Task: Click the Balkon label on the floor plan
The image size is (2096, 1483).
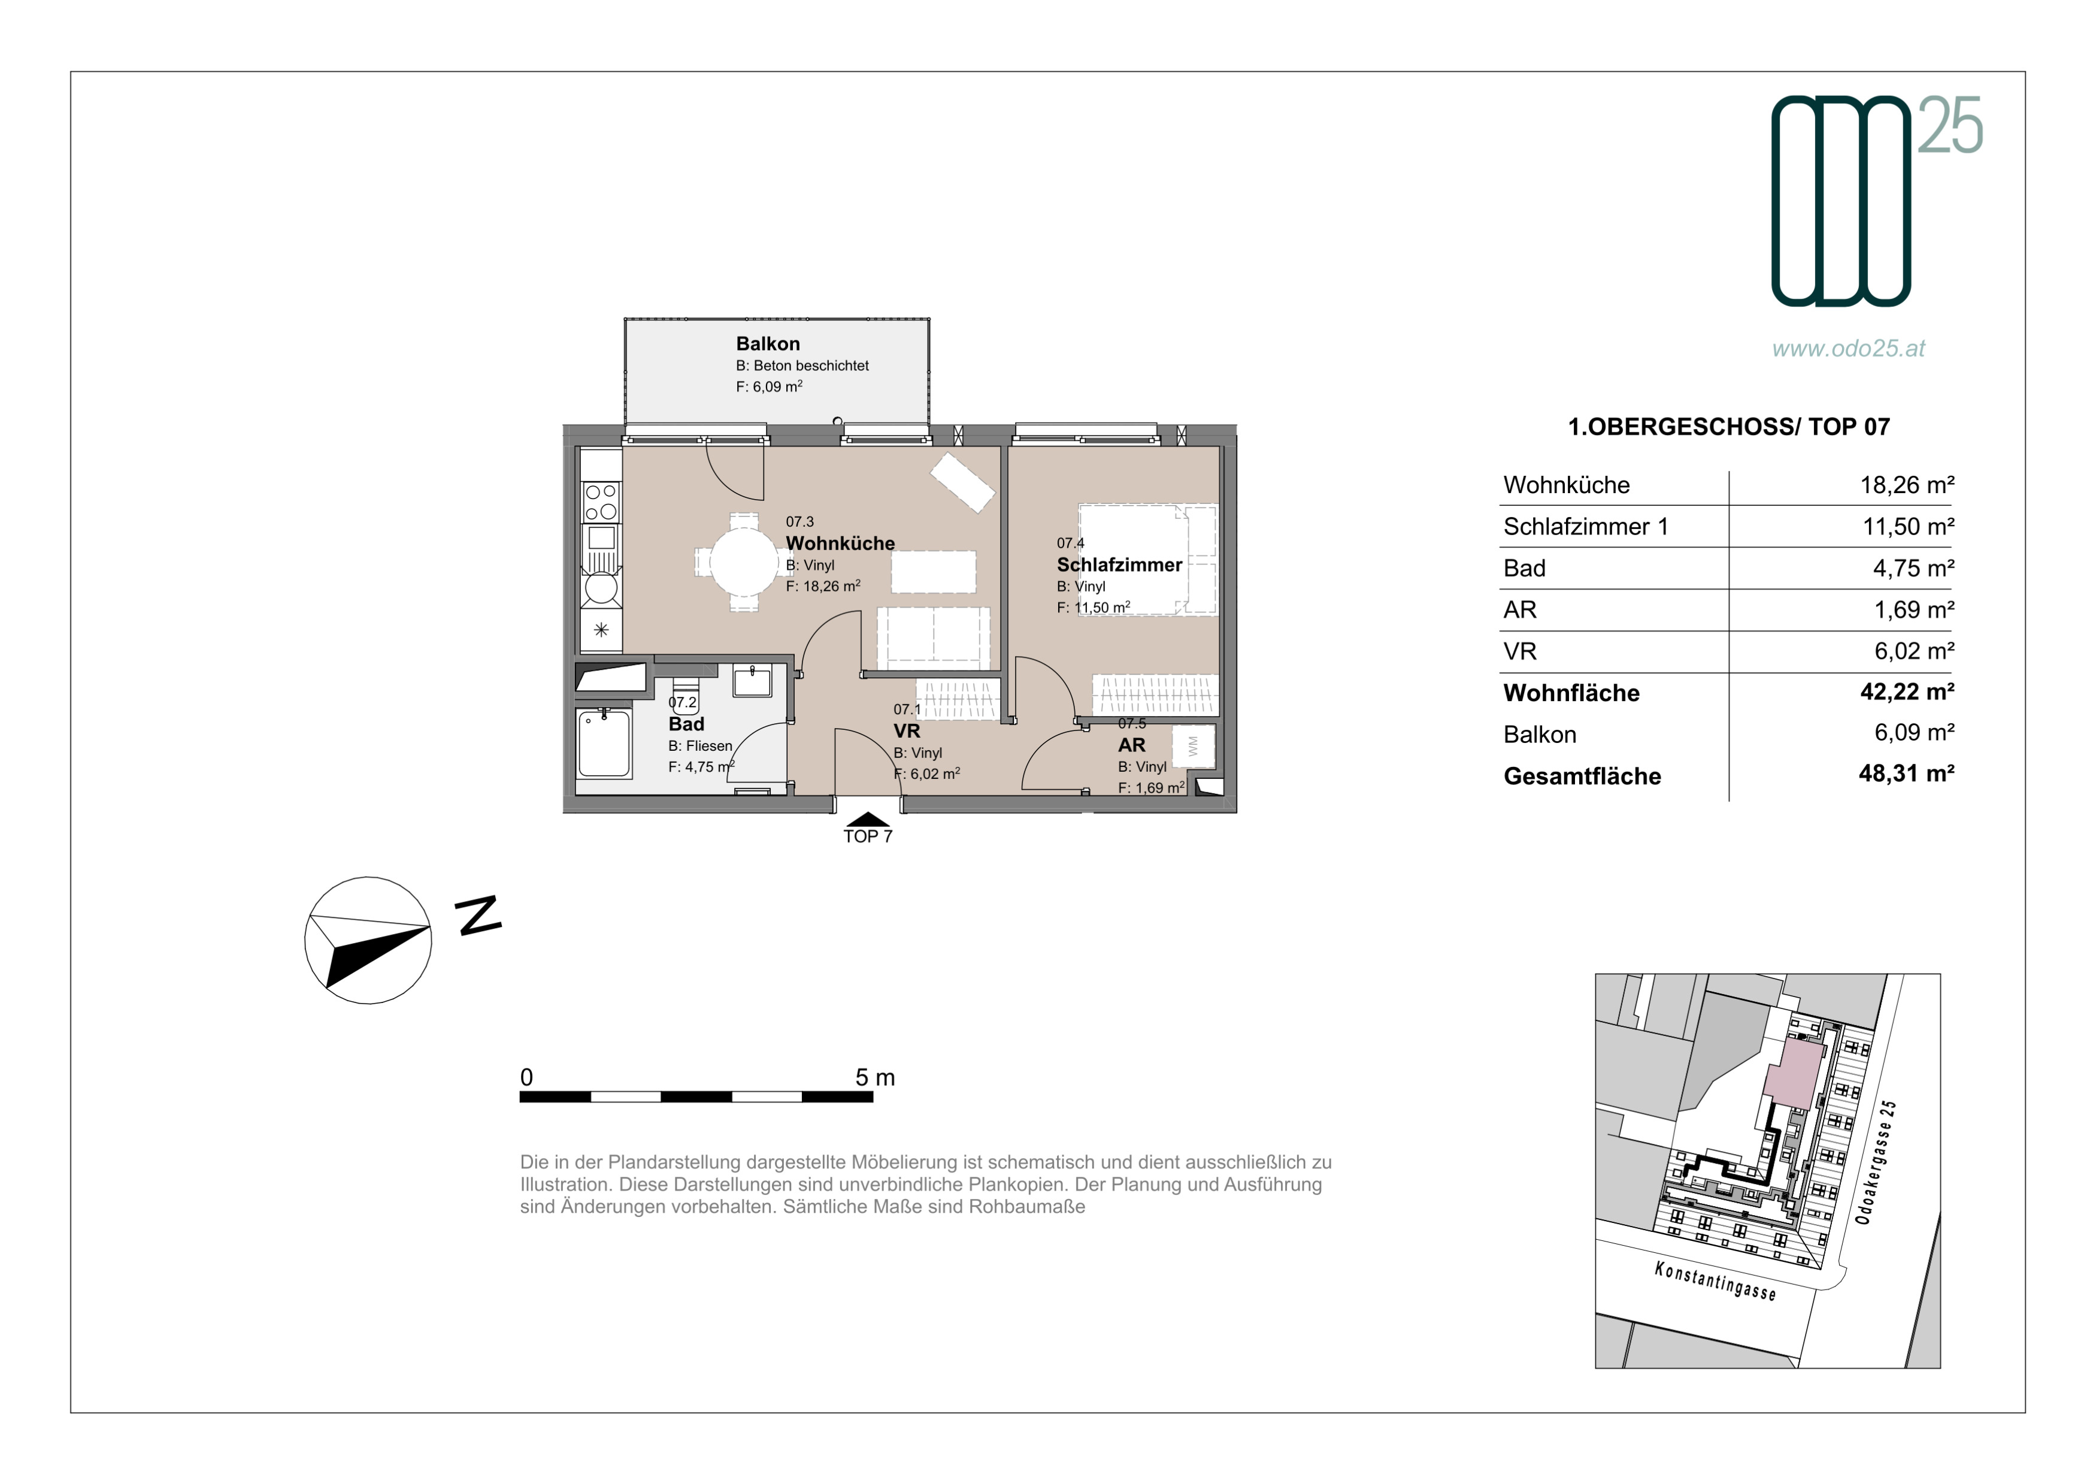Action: click(768, 345)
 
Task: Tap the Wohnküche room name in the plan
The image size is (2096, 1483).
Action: click(840, 543)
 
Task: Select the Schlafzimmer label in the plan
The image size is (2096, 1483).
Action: click(1119, 565)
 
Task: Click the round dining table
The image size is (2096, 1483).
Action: click(745, 561)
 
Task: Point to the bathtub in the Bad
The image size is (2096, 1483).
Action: click(604, 744)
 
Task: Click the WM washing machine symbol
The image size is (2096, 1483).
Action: click(1192, 746)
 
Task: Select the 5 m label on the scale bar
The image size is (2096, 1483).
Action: click(874, 1077)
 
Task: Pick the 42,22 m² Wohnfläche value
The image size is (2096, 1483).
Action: click(1907, 692)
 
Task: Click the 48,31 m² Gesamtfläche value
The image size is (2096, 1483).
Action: click(1906, 774)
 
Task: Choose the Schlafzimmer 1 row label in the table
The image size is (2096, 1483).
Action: click(1586, 527)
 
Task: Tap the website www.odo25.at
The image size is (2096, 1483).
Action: click(1849, 348)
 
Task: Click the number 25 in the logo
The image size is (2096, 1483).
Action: click(1950, 125)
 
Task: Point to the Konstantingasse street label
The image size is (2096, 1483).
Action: click(1715, 1281)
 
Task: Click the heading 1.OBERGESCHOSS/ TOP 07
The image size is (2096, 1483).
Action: click(1728, 427)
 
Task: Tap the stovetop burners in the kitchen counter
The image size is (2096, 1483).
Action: click(601, 503)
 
